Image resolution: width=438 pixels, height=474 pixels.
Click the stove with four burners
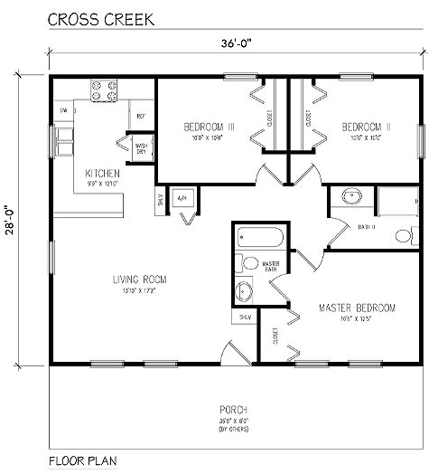103,90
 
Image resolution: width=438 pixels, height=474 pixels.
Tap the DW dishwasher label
64,110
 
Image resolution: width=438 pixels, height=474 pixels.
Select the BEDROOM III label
209,128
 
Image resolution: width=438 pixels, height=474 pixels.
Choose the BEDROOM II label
366,128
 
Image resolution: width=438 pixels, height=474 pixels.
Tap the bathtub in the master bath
259,238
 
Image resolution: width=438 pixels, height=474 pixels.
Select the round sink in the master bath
244,291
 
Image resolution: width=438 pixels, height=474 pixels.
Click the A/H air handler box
181,197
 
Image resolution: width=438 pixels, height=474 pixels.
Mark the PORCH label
233,410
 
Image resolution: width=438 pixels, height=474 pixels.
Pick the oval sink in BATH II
350,196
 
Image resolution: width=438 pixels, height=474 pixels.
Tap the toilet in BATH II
403,237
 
